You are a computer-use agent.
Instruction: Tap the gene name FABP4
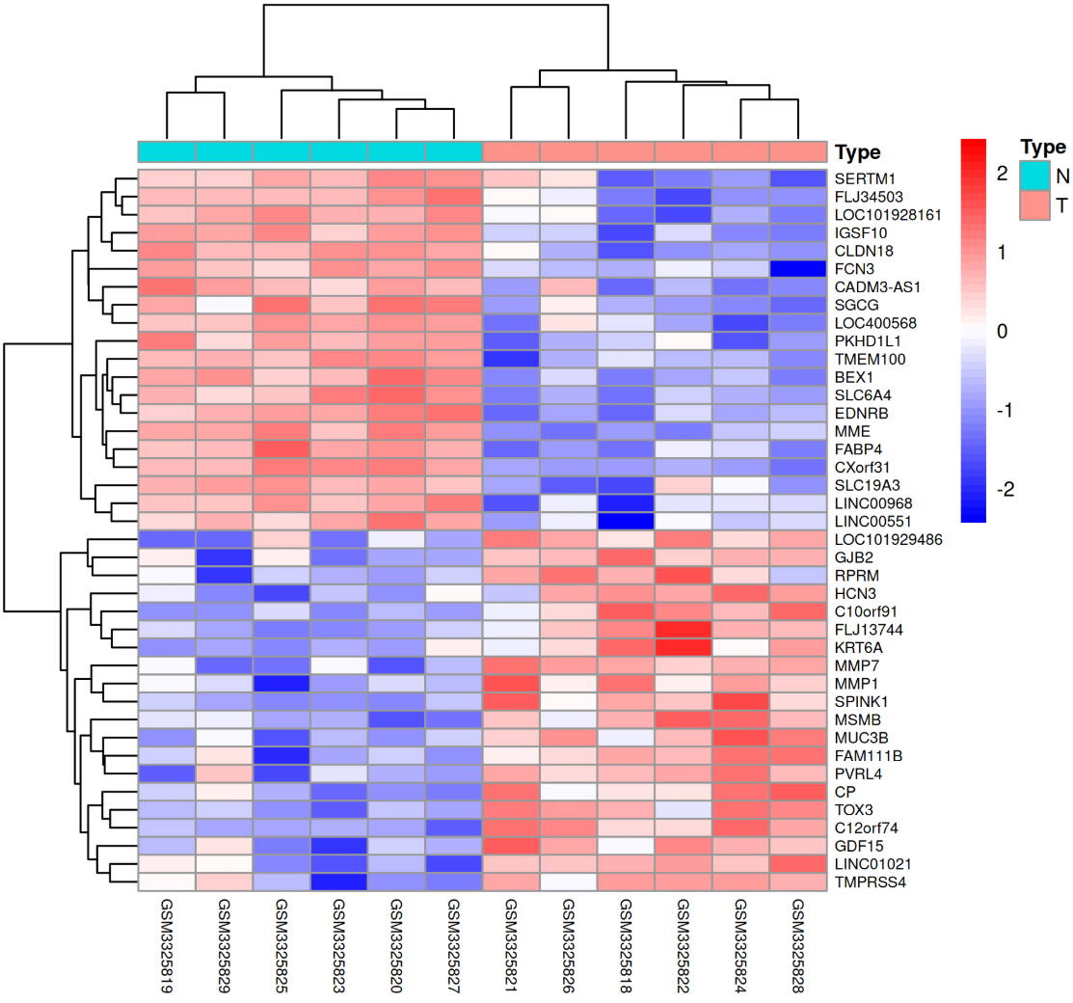(856, 449)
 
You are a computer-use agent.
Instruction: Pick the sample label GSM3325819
(167, 945)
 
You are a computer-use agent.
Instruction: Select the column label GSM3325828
(798, 945)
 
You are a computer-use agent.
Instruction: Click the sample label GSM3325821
(511, 945)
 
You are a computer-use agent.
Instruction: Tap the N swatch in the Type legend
(1033, 176)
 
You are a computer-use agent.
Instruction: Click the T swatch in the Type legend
(1033, 204)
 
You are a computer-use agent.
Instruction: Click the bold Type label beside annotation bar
(857, 152)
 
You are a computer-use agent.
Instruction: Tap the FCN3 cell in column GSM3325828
(798, 269)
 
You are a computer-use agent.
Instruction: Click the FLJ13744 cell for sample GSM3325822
(684, 630)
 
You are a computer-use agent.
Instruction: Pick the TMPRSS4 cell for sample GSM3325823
(339, 882)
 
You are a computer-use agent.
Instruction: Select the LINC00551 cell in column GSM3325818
(626, 522)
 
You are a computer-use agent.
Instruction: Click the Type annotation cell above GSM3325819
(167, 151)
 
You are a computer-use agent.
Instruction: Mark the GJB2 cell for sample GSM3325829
(225, 557)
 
